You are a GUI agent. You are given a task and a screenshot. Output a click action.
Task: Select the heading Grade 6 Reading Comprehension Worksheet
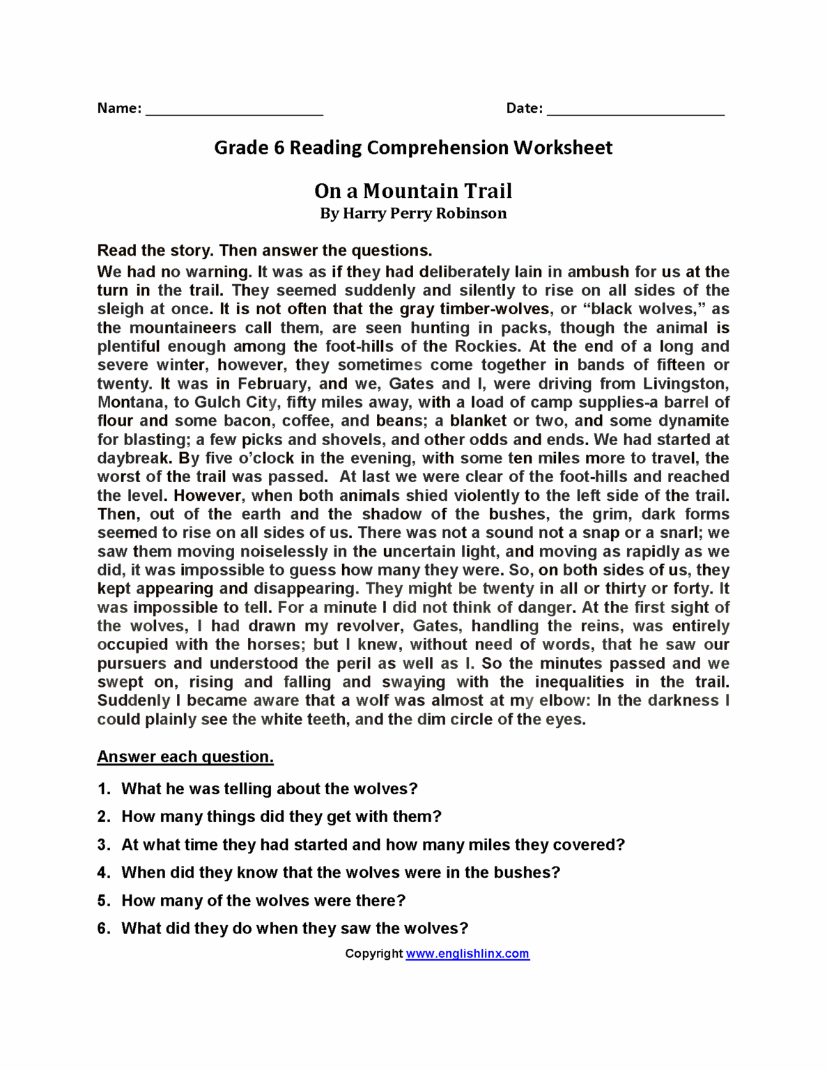pyautogui.click(x=413, y=148)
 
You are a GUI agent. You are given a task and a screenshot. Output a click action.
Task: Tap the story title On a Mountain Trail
pyautogui.click(x=413, y=191)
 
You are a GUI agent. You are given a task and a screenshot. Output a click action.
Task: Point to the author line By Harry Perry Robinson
pyautogui.click(x=413, y=214)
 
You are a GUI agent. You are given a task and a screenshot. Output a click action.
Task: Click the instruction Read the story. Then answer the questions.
pyautogui.click(x=265, y=251)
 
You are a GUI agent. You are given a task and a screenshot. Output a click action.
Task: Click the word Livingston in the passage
pyautogui.click(x=684, y=384)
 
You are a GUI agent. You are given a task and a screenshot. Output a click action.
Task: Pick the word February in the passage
pyautogui.click(x=273, y=384)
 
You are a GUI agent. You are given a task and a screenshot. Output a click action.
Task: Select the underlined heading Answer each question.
pyautogui.click(x=185, y=757)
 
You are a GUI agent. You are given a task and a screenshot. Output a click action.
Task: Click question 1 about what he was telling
pyautogui.click(x=269, y=789)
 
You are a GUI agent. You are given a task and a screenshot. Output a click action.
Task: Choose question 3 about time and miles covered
pyautogui.click(x=373, y=845)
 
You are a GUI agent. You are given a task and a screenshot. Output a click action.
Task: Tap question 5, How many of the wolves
pyautogui.click(x=263, y=901)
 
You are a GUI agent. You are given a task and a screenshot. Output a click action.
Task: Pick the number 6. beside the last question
pyautogui.click(x=104, y=929)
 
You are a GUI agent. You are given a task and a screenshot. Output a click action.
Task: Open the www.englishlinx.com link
pyautogui.click(x=467, y=954)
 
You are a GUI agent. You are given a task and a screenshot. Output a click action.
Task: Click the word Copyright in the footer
pyautogui.click(x=373, y=954)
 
